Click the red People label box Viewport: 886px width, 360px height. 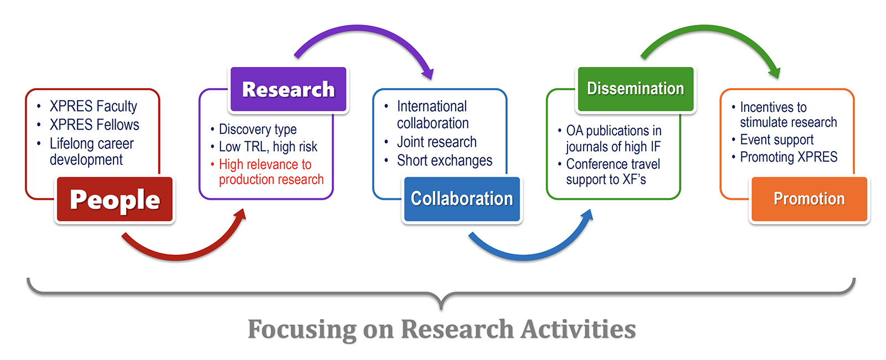point(115,199)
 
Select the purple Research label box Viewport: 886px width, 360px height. point(288,89)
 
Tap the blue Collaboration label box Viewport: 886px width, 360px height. point(462,199)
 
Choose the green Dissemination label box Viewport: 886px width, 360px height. point(635,89)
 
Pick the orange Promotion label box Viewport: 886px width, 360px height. point(809,199)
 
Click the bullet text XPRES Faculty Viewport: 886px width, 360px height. point(93,106)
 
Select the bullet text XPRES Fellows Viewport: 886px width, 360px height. point(94,125)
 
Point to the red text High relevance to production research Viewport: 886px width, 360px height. point(270,172)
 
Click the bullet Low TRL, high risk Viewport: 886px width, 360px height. point(268,147)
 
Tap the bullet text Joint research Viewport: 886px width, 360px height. point(436,142)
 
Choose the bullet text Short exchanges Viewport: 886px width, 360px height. point(444,161)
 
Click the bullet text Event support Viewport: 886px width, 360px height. point(776,140)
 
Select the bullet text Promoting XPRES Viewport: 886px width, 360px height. point(789,157)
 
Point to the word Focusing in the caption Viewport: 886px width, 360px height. point(302,329)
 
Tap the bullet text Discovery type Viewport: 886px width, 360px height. point(257,129)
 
